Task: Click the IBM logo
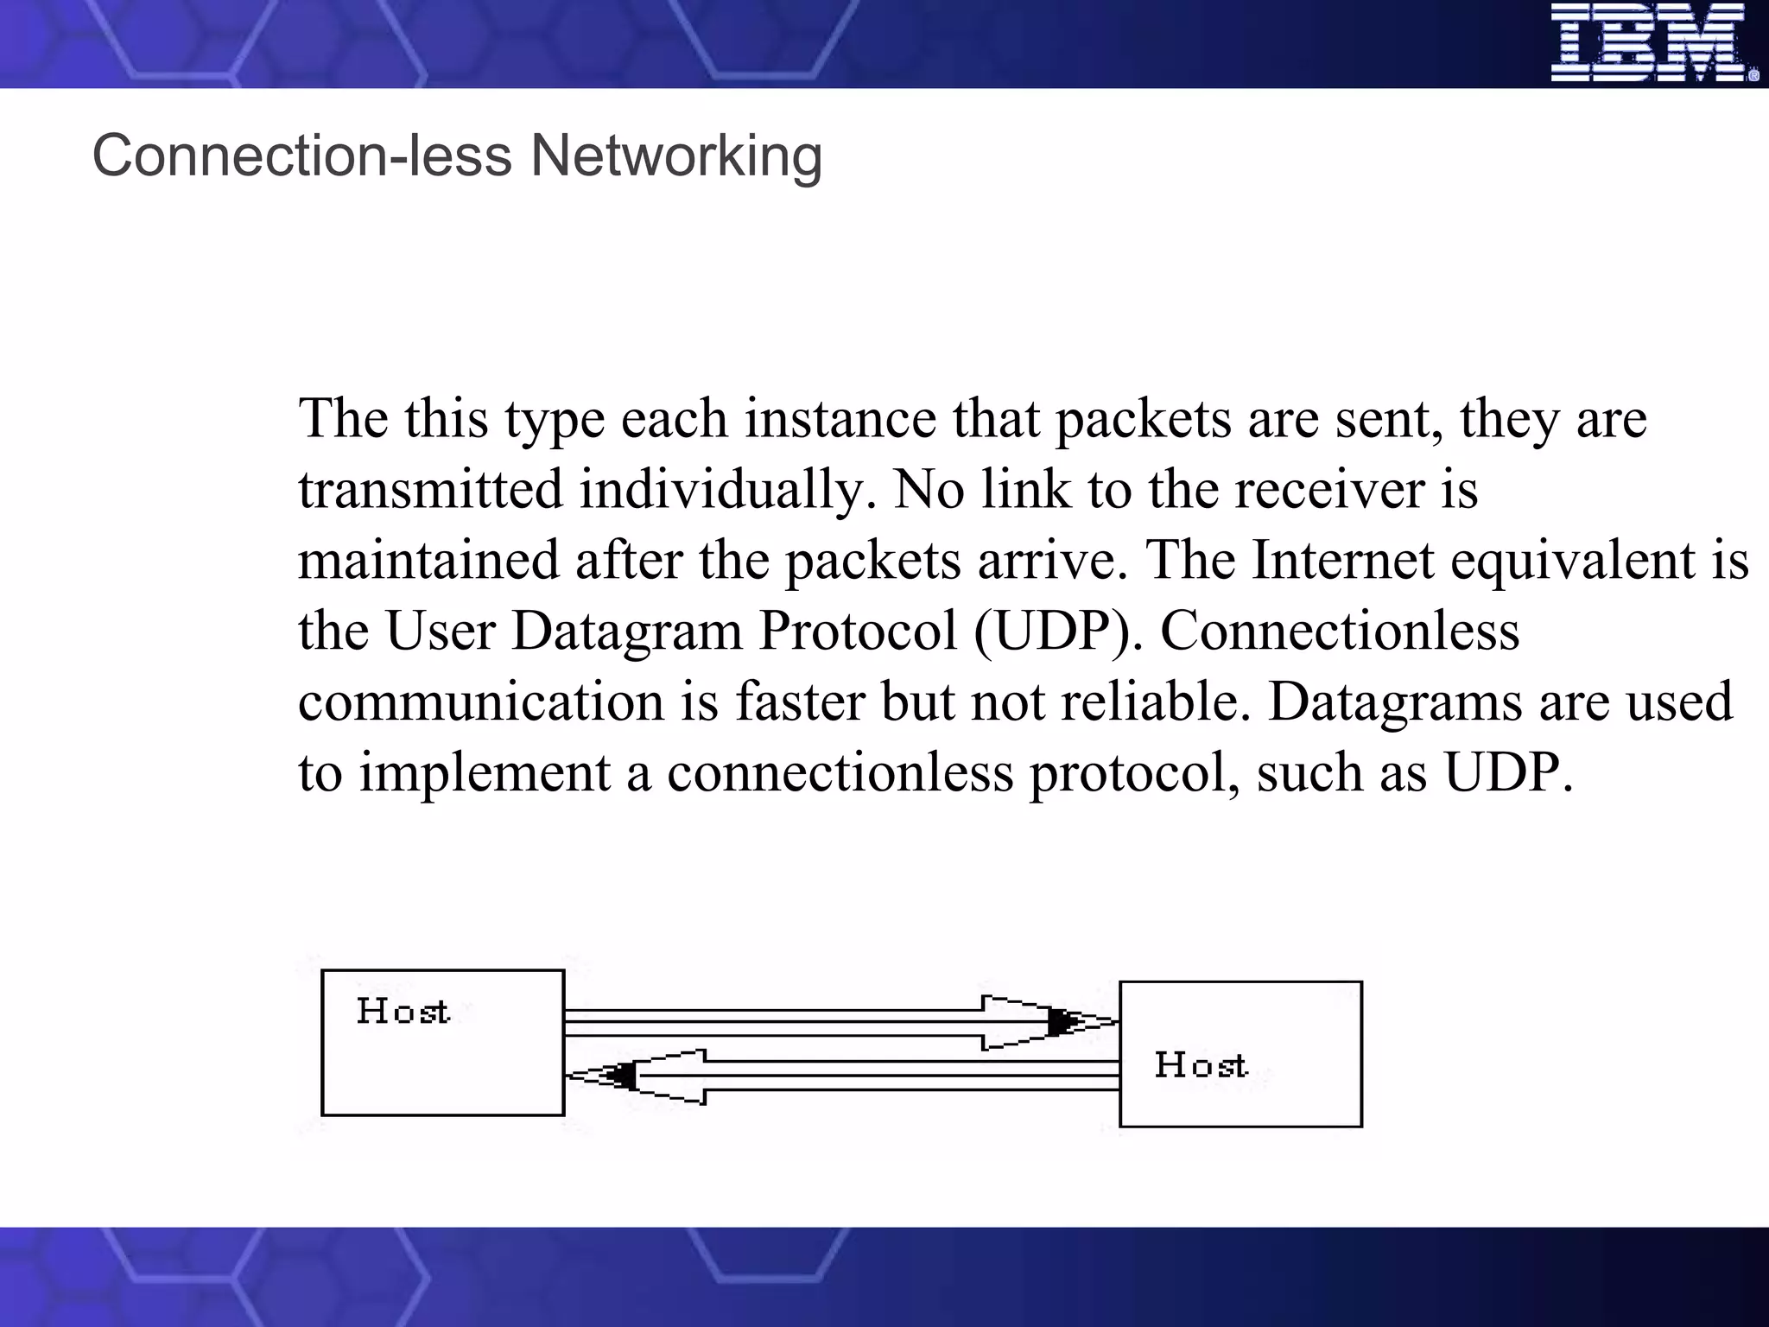[x=1653, y=43]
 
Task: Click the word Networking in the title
[x=675, y=156]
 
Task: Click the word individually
[x=721, y=490]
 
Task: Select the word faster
[x=800, y=701]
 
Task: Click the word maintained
[x=428, y=560]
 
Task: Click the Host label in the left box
[x=403, y=1011]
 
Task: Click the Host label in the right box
[x=1201, y=1064]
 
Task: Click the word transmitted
[x=430, y=490]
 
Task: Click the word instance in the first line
[x=840, y=420]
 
